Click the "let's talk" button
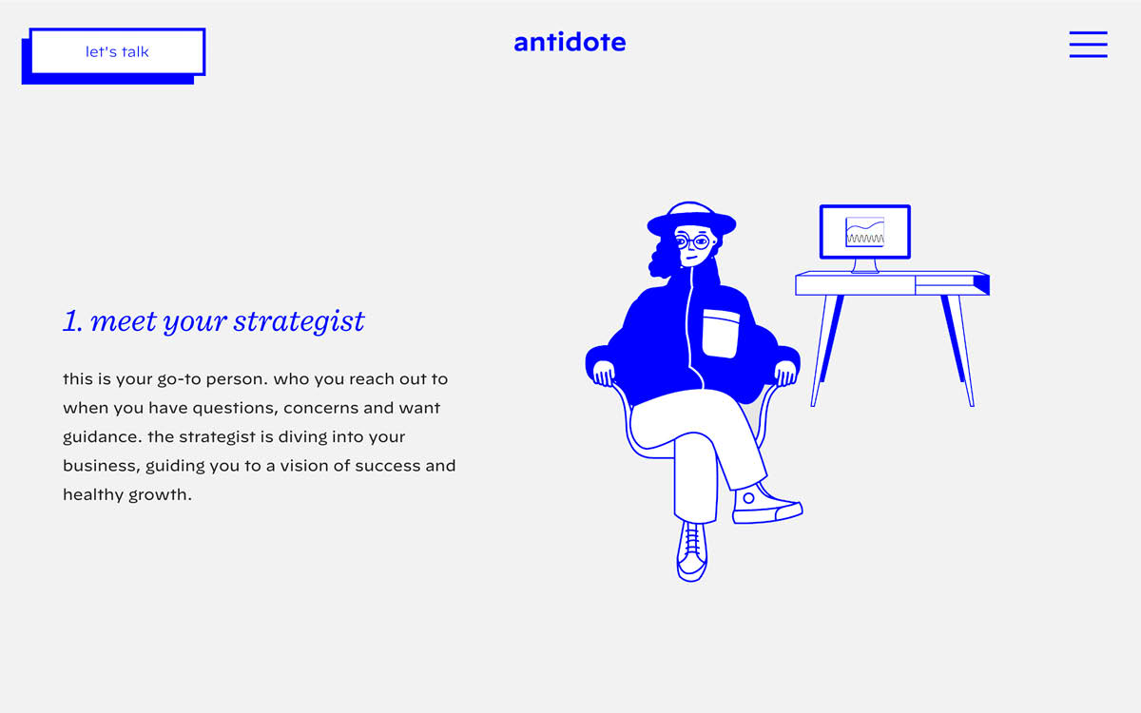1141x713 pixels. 117,52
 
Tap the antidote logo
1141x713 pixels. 570,42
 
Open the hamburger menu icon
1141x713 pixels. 1088,45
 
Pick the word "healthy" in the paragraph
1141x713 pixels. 92,495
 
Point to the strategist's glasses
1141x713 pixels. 691,241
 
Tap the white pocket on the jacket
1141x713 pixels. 720,333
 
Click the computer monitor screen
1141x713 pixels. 864,231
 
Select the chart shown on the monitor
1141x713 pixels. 864,231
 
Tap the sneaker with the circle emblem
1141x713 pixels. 765,504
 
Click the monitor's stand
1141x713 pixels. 864,265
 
